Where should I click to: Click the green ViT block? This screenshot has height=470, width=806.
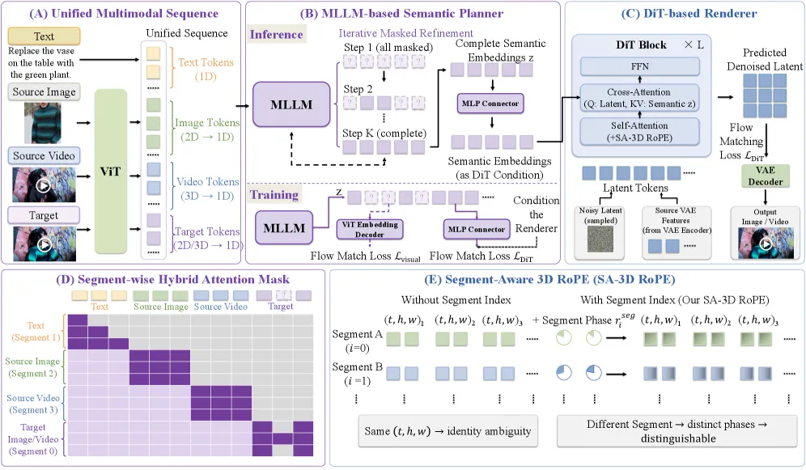pyautogui.click(x=111, y=171)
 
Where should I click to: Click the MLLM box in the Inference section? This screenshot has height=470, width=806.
pyautogui.click(x=291, y=105)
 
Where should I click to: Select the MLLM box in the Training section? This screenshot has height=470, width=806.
pyautogui.click(x=284, y=228)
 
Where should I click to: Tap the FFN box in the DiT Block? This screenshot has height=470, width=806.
pyautogui.click(x=640, y=66)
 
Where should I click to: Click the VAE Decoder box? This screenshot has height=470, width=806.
pyautogui.click(x=766, y=176)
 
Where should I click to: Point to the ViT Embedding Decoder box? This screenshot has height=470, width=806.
pyautogui.click(x=370, y=229)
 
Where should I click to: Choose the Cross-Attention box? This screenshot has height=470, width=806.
pyautogui.click(x=640, y=98)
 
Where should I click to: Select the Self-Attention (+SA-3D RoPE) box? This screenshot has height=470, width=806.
pyautogui.click(x=640, y=132)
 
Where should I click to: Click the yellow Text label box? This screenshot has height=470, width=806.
pyautogui.click(x=45, y=36)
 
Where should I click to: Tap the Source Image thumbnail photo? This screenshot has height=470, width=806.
pyautogui.click(x=43, y=123)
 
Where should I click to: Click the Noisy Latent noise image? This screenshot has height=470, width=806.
pyautogui.click(x=600, y=240)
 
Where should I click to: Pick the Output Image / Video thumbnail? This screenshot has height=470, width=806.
pyautogui.click(x=766, y=243)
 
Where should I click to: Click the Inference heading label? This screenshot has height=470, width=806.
pyautogui.click(x=277, y=35)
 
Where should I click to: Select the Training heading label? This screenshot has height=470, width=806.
pyautogui.click(x=274, y=195)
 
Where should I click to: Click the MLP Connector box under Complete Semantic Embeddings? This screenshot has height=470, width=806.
pyautogui.click(x=490, y=104)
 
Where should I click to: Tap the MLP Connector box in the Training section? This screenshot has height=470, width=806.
pyautogui.click(x=477, y=229)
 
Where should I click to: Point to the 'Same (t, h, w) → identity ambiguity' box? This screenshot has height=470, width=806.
pyautogui.click(x=448, y=431)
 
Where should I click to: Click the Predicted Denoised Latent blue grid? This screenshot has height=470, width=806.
pyautogui.click(x=765, y=95)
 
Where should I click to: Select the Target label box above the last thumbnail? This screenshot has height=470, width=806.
pyautogui.click(x=44, y=215)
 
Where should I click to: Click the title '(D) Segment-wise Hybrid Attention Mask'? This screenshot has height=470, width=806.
pyautogui.click(x=172, y=279)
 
